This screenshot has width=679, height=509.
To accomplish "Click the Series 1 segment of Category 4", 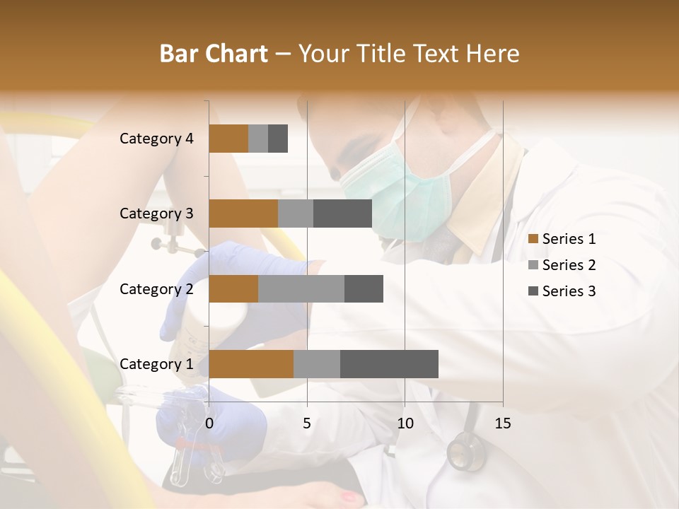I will [228, 139].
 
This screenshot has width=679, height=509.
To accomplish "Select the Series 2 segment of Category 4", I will [258, 139].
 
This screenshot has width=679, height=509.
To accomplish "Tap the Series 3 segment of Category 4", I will [278, 139].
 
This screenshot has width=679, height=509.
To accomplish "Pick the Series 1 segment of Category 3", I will [243, 213].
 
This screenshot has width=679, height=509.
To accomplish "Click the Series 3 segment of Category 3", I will [342, 213].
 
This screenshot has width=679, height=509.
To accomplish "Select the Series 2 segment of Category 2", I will [301, 288].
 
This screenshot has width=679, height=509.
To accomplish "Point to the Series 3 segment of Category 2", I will [364, 288].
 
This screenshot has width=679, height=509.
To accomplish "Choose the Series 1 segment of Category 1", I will [251, 364].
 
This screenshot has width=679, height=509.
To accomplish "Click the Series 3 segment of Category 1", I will [389, 364].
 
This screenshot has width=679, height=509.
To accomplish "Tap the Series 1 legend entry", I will [562, 239].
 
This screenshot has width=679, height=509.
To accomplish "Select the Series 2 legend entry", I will [562, 265].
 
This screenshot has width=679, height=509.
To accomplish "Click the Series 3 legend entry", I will [562, 291].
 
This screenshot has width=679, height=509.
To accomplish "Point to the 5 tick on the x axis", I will [307, 423].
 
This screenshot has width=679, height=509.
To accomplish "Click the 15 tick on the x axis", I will [503, 423].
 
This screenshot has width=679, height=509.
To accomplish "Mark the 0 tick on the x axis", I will [209, 423].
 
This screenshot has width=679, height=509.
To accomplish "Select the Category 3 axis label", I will [156, 213].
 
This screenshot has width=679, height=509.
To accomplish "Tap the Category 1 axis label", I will [156, 364].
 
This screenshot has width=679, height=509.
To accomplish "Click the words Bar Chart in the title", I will [214, 53].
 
